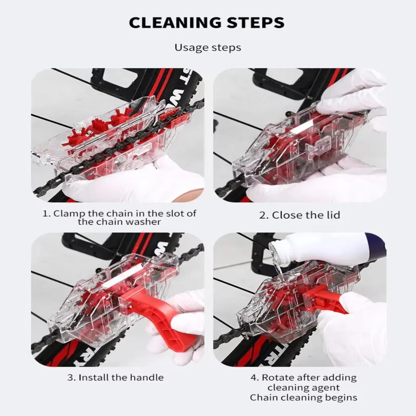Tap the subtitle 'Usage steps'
pyautogui.click(x=208, y=48)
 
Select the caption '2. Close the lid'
pyautogui.click(x=300, y=215)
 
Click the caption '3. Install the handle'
pyautogui.click(x=115, y=378)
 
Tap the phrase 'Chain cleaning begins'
pyautogui.click(x=303, y=398)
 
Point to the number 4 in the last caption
pyautogui.click(x=254, y=378)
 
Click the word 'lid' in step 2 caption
pyautogui.click(x=333, y=215)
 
